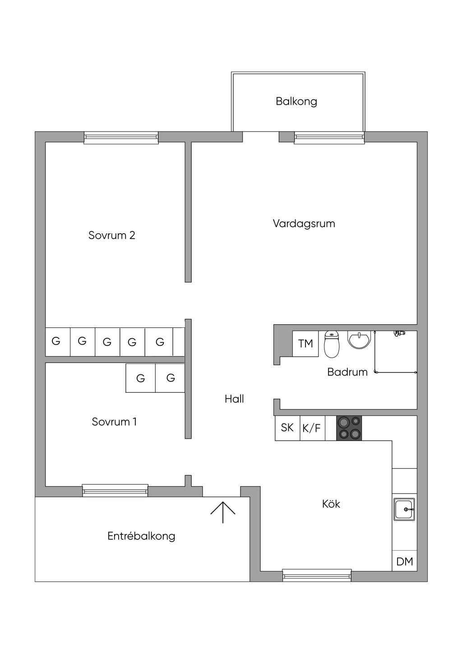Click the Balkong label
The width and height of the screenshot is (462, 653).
point(296,101)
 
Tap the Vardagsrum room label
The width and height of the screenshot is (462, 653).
point(304,224)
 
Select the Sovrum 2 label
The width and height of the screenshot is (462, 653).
point(111,235)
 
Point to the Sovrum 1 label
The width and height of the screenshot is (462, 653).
point(114,422)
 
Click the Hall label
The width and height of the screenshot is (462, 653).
point(234,399)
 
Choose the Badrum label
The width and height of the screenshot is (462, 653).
point(347,372)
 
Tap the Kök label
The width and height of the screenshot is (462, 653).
point(331,504)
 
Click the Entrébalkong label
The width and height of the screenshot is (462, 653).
point(141,536)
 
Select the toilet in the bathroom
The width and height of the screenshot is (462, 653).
point(332,344)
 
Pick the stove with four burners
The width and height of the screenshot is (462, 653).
point(349,428)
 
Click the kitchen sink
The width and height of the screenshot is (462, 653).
point(404,509)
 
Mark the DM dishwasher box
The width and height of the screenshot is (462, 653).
point(405,561)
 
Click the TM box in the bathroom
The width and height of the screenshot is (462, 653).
point(305,344)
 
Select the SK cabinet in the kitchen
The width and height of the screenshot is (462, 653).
point(287,428)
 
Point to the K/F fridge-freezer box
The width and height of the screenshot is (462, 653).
point(312,428)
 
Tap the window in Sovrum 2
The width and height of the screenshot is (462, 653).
point(121,138)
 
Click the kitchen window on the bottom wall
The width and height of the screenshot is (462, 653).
point(317,575)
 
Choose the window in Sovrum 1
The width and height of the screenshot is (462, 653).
point(115,490)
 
